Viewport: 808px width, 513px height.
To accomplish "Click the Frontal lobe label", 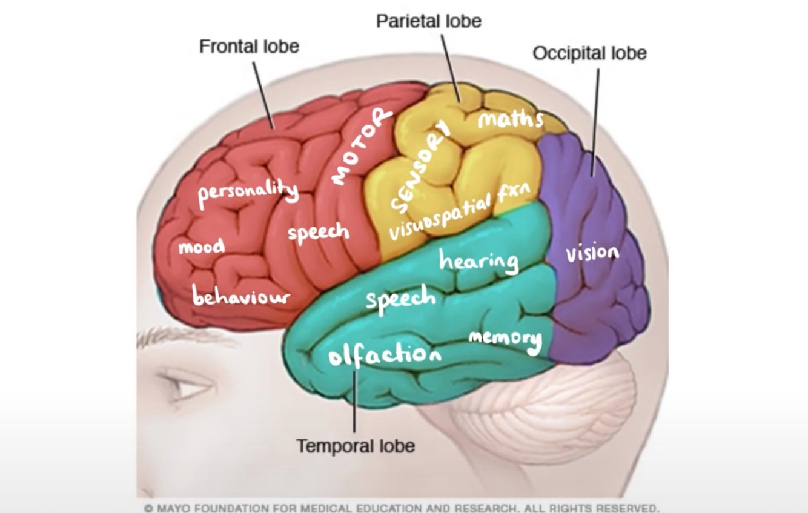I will [249, 47].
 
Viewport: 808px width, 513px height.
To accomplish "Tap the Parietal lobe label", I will [428, 21].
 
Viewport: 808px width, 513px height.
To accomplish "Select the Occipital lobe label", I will [589, 53].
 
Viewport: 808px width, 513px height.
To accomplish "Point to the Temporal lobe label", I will [356, 446].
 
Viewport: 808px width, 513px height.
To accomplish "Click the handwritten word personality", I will [248, 193].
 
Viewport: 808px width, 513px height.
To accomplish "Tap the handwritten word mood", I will [201, 247].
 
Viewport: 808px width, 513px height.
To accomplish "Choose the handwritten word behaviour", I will [241, 297].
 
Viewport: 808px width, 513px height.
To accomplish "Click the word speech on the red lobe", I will [319, 233].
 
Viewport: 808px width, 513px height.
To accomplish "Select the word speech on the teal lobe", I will [400, 299].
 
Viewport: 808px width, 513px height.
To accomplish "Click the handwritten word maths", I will [510, 119].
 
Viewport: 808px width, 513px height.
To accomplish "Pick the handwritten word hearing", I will [479, 262].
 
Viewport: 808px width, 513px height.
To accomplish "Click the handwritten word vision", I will [592, 253].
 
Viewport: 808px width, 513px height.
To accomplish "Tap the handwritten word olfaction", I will [384, 354].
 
